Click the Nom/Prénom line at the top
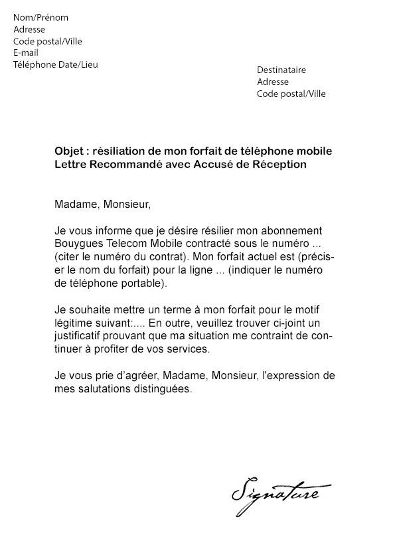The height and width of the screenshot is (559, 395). click(x=40, y=17)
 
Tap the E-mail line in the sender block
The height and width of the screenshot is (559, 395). click(x=26, y=52)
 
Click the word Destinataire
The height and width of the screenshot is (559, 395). click(x=281, y=70)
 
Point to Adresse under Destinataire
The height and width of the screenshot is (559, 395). click(x=273, y=82)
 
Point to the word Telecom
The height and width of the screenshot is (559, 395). click(x=126, y=243)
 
